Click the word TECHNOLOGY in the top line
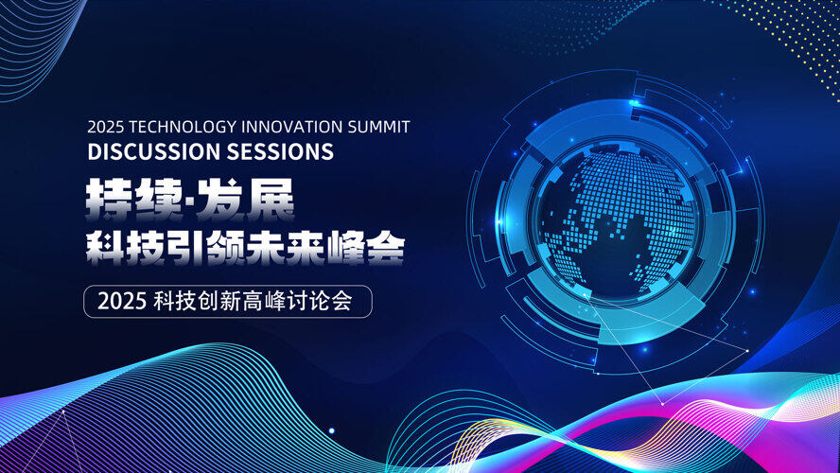(184, 127)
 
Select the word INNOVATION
(292, 127)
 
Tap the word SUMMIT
(378, 127)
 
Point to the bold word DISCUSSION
(154, 151)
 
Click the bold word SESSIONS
(280, 151)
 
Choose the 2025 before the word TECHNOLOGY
(106, 127)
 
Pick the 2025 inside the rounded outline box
(122, 302)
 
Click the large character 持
(110, 200)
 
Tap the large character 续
(159, 200)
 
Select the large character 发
(220, 200)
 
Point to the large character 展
(270, 200)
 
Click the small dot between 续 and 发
(190, 201)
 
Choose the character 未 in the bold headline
(264, 248)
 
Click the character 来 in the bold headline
(305, 248)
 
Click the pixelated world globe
(616, 219)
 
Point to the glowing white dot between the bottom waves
(332, 430)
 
